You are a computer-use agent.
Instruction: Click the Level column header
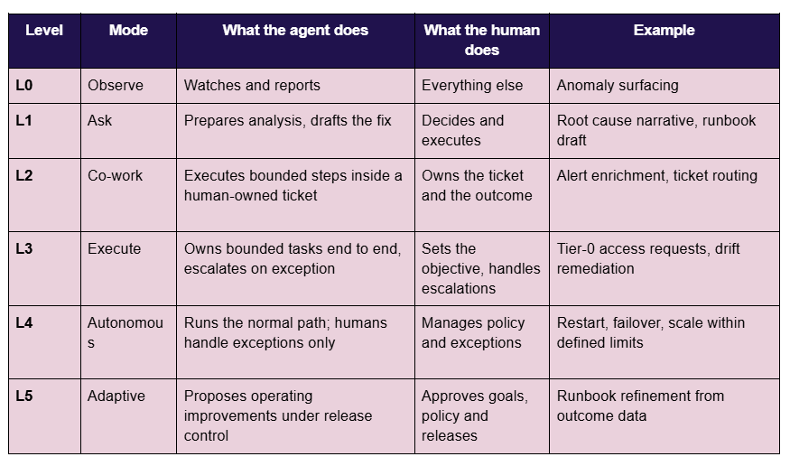pyautogui.click(x=44, y=30)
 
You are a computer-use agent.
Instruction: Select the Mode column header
pyautogui.click(x=128, y=30)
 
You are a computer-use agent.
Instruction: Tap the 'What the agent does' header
pyautogui.click(x=295, y=30)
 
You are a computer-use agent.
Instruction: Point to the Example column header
pyautogui.click(x=664, y=30)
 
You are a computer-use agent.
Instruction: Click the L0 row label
pyautogui.click(x=24, y=85)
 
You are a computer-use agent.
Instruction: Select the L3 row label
pyautogui.click(x=24, y=248)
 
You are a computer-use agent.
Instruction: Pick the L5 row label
pyautogui.click(x=24, y=396)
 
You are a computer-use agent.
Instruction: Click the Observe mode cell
pyautogui.click(x=116, y=85)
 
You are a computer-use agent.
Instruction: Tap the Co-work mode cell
pyautogui.click(x=115, y=175)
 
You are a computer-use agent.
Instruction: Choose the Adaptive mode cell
pyautogui.click(x=116, y=396)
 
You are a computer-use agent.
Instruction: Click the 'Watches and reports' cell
pyautogui.click(x=252, y=85)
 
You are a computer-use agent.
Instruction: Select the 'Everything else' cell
pyautogui.click(x=472, y=86)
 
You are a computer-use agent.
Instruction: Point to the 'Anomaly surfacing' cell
pyautogui.click(x=618, y=86)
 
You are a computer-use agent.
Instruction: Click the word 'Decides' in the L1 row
pyautogui.click(x=443, y=120)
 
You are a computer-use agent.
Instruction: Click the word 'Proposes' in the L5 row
pyautogui.click(x=215, y=396)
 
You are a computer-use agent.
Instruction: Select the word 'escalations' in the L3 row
pyautogui.click(x=459, y=288)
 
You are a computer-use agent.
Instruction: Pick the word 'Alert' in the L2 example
pyautogui.click(x=572, y=175)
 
